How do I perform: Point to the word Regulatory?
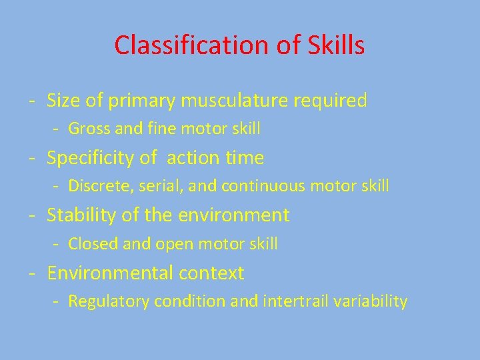coord(109,302)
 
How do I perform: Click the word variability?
coord(371,301)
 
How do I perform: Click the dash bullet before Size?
coord(32,101)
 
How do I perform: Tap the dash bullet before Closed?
coord(57,244)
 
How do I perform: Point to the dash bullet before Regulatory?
coord(57,301)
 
